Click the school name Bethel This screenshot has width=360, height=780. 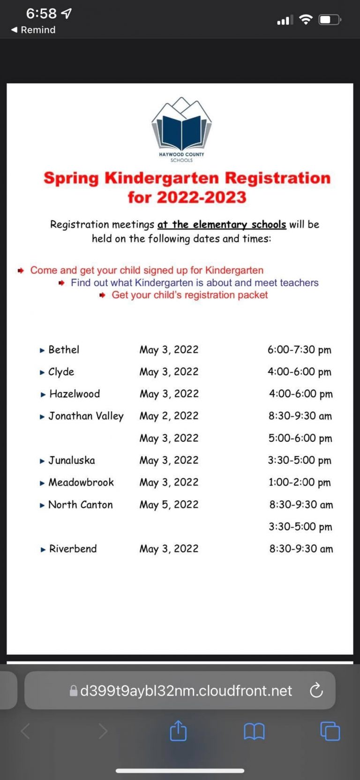(64, 349)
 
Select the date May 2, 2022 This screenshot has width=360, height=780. (169, 416)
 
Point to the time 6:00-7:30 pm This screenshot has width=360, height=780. (299, 350)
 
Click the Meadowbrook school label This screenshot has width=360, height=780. (81, 482)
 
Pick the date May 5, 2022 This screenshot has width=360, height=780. (169, 505)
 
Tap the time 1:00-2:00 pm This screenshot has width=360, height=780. (300, 482)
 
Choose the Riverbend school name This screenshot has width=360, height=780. (73, 549)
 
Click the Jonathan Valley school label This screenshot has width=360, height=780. (86, 416)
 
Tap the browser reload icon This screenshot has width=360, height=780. (316, 690)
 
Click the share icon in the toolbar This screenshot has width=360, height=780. (178, 731)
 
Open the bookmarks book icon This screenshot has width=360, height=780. (254, 731)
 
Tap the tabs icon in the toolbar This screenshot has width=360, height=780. (330, 731)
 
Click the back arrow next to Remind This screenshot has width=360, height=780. (15, 30)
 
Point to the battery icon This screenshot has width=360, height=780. (330, 20)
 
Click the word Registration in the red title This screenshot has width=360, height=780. (277, 178)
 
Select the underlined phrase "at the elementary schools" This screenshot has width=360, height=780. (221, 224)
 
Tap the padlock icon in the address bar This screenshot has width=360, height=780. (73, 690)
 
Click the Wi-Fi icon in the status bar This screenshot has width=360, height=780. (306, 19)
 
